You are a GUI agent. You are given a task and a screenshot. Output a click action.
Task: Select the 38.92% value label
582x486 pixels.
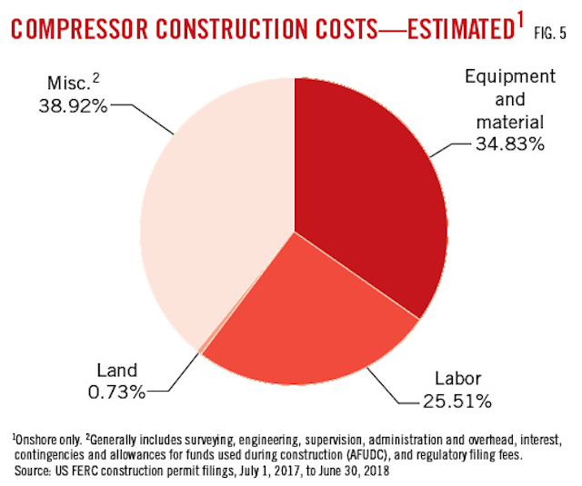point(72,105)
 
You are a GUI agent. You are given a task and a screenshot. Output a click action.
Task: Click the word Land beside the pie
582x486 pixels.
point(117,371)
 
